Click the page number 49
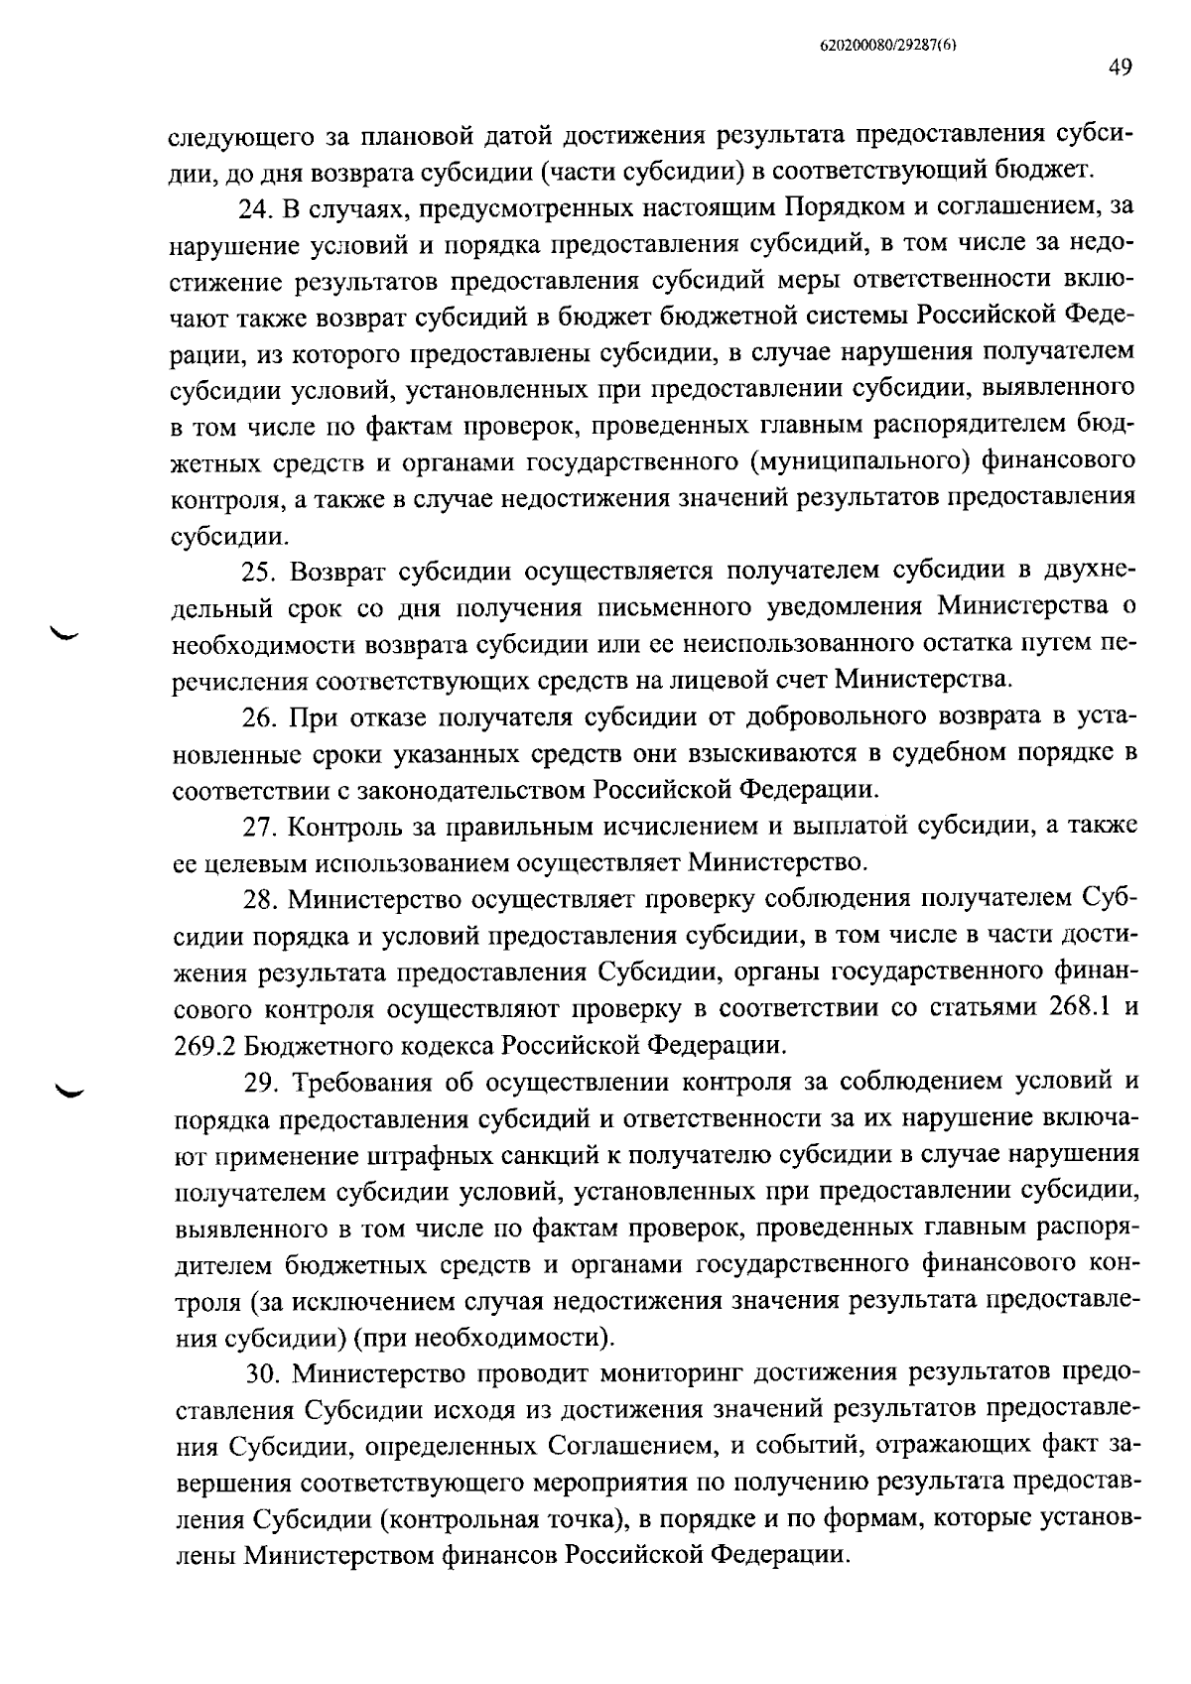pos(1120,67)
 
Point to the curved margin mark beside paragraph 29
pos(70,1091)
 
